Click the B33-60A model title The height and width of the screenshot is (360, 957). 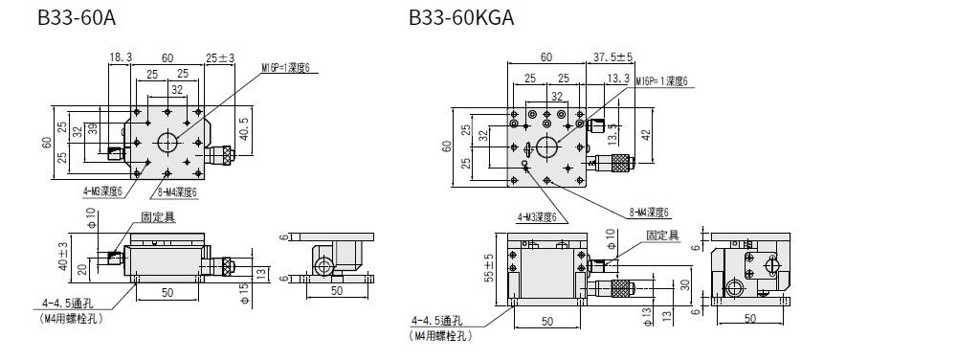[x=77, y=17]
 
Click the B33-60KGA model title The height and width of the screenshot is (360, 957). [x=461, y=17]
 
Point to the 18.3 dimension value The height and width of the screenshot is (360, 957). [x=121, y=57]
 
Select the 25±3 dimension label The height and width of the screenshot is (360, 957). [x=220, y=58]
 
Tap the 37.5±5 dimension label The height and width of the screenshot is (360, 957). [x=612, y=57]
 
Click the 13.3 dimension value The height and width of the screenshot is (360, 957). [x=618, y=78]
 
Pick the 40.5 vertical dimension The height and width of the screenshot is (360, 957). [x=244, y=129]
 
